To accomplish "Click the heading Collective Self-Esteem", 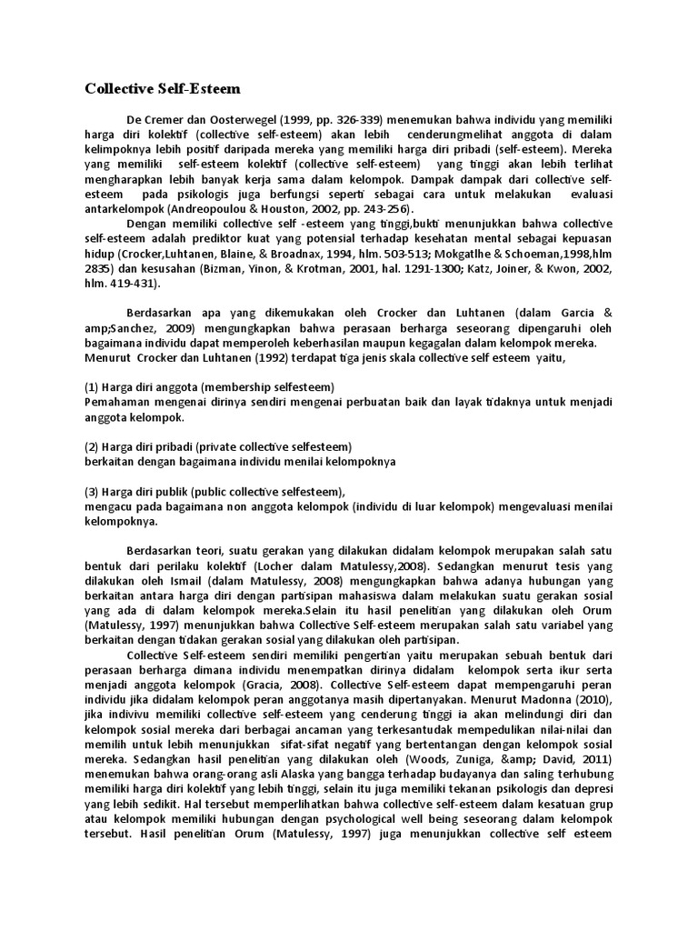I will tap(164, 89).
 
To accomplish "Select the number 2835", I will tap(100, 268).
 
